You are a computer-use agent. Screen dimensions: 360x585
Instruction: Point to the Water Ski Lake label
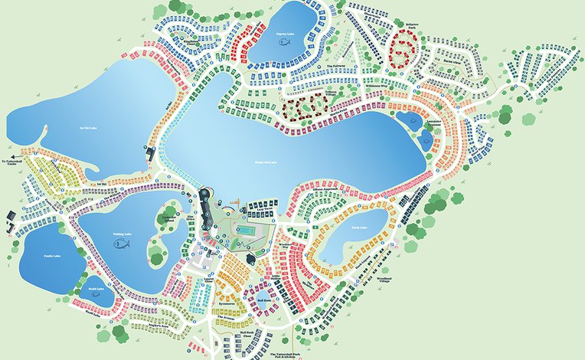267,162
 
